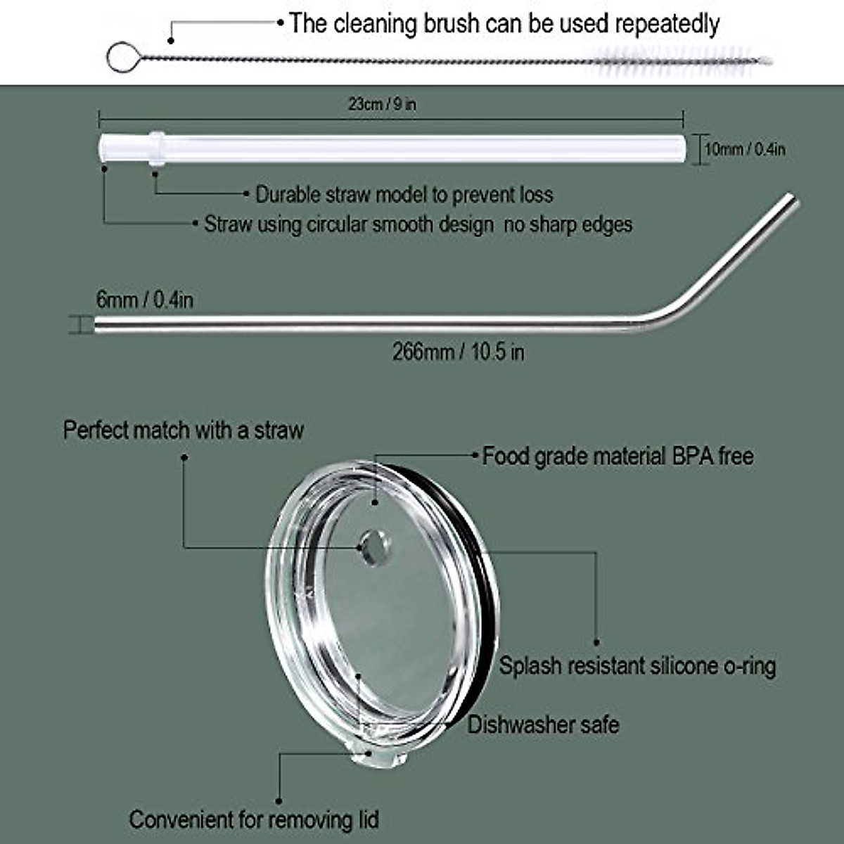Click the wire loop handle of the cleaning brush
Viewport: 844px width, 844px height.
pyautogui.click(x=120, y=57)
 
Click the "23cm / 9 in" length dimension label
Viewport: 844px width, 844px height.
pyautogui.click(x=382, y=104)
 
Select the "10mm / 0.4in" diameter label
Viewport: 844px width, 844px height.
pyautogui.click(x=745, y=149)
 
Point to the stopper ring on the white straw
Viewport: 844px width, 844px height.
pyautogui.click(x=156, y=148)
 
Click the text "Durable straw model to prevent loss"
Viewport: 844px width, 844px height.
pyautogui.click(x=404, y=194)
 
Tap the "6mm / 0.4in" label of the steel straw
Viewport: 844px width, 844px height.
pyautogui.click(x=144, y=300)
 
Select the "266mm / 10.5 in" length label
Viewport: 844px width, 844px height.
pyautogui.click(x=458, y=351)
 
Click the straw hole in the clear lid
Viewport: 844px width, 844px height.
pyautogui.click(x=373, y=546)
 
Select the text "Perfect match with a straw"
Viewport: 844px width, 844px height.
pyautogui.click(x=184, y=430)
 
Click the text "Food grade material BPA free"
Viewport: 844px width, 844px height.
pyautogui.click(x=618, y=456)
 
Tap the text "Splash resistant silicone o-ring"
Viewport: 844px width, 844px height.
pyautogui.click(x=637, y=665)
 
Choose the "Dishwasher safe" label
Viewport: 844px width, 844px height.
pyautogui.click(x=543, y=724)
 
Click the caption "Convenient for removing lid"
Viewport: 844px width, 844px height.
pyautogui.click(x=254, y=819)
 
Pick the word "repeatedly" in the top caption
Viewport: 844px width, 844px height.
pyautogui.click(x=667, y=24)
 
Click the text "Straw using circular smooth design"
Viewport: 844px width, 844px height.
pyautogui.click(x=348, y=224)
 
